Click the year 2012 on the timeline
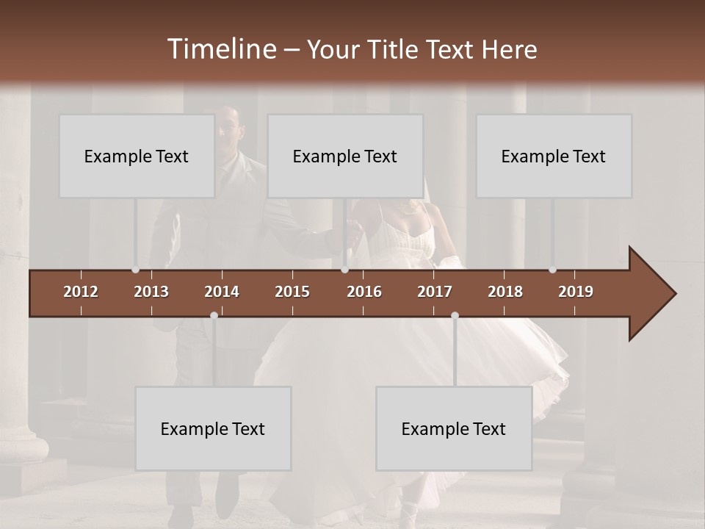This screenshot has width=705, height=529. [81, 292]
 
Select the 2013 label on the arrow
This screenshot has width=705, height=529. [151, 292]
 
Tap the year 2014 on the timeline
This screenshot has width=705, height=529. [222, 292]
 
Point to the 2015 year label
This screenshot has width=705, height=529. [292, 292]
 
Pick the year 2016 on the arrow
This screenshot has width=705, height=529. [364, 292]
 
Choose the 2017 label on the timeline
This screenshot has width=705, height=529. [435, 292]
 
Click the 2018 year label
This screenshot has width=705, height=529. [505, 292]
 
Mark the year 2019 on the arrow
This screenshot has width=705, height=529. [576, 292]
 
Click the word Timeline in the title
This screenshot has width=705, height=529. [221, 49]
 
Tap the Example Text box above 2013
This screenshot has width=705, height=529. [137, 156]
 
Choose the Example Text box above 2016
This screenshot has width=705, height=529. [345, 156]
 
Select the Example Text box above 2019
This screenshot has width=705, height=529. [554, 156]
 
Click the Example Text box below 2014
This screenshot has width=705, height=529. [213, 429]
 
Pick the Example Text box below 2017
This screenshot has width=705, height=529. [454, 429]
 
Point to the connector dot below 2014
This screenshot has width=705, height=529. [214, 315]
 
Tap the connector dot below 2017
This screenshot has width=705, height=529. [455, 315]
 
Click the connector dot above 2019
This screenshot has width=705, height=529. [552, 270]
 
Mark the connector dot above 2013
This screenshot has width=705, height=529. [135, 270]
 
